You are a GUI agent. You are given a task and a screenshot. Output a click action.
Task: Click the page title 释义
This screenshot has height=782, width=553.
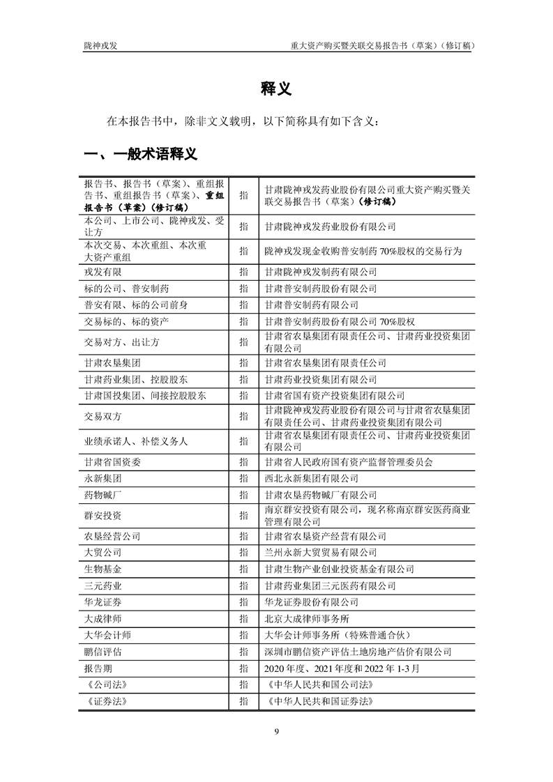(x=277, y=89)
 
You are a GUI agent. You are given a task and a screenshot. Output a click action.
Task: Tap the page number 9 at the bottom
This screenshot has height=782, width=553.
(x=277, y=731)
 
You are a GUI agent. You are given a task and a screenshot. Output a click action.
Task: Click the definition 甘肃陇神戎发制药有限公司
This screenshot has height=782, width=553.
(x=321, y=271)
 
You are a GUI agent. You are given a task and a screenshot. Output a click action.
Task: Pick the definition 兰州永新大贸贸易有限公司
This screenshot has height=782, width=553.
(x=321, y=553)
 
